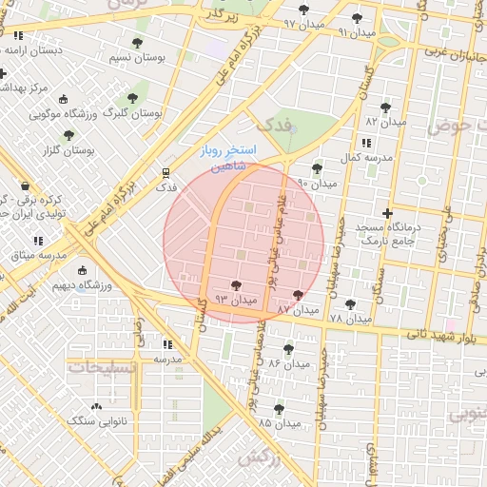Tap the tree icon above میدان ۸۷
300,295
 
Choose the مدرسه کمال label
363,157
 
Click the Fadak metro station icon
166,174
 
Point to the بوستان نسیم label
138,58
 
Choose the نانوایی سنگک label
97,419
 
